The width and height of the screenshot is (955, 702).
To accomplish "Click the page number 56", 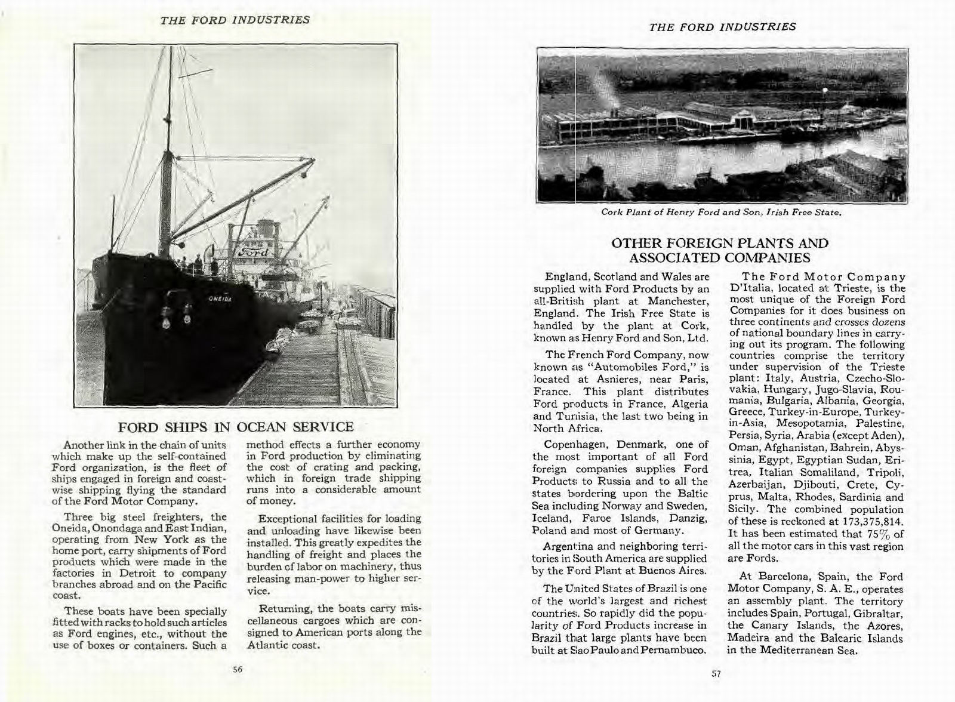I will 238,669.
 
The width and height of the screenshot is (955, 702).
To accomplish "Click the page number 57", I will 716,674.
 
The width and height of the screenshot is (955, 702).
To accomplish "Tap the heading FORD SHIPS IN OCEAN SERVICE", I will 236,427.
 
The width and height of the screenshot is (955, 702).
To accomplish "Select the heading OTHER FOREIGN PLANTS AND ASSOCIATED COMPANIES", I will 720,251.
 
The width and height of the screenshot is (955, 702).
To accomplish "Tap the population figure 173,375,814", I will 873,522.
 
